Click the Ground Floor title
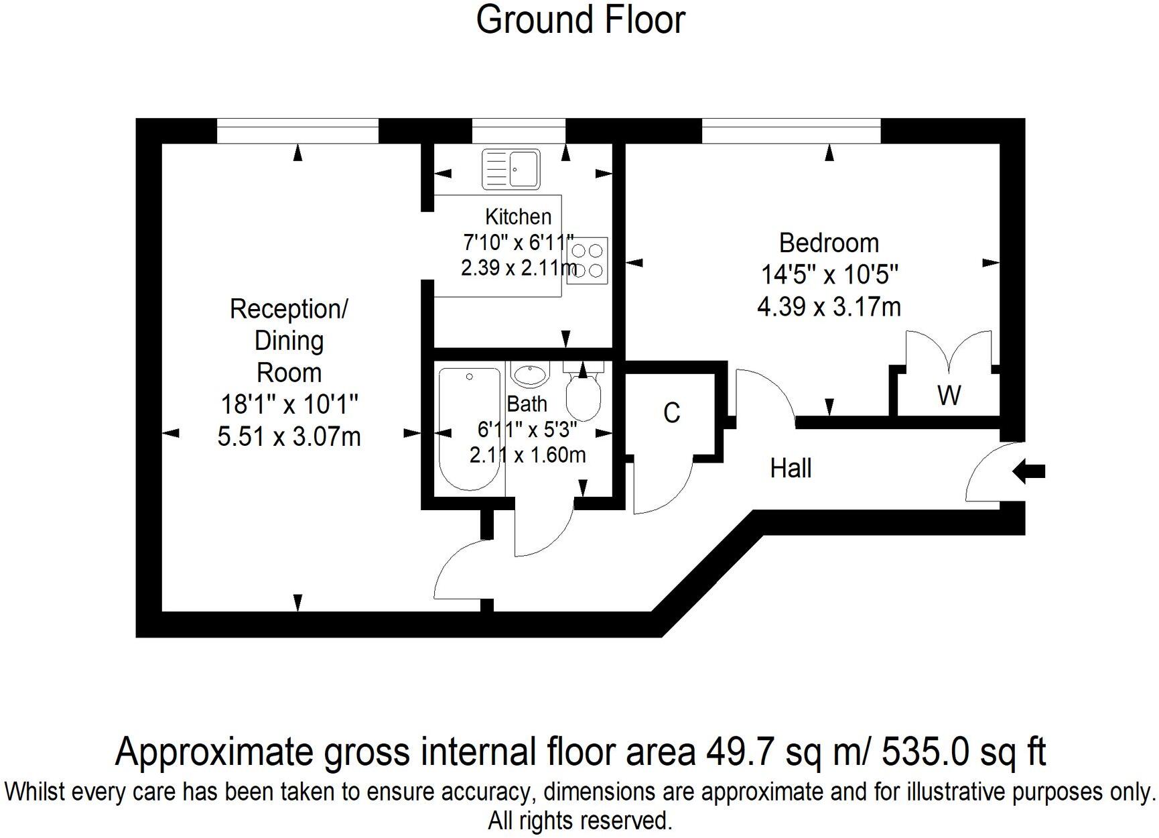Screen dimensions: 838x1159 [x=580, y=20]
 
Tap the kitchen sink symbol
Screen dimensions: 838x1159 [x=511, y=169]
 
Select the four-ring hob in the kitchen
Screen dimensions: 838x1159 [x=588, y=261]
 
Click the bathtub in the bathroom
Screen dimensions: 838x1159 [x=469, y=429]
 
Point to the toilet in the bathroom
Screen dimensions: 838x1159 [x=583, y=396]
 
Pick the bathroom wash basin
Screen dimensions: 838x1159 [x=530, y=373]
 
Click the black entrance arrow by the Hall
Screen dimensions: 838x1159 [x=1029, y=471]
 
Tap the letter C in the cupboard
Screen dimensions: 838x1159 [x=671, y=413]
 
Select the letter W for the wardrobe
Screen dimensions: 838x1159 [x=949, y=396]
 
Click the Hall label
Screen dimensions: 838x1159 [x=791, y=468]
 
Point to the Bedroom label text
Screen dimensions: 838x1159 [x=829, y=243]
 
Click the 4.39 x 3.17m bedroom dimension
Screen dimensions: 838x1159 [x=829, y=307]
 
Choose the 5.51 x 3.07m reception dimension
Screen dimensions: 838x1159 [x=289, y=436]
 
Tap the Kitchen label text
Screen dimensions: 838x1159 [x=518, y=217]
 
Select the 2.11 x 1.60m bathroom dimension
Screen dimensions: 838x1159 [x=527, y=455]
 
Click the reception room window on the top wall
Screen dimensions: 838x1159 [x=297, y=131]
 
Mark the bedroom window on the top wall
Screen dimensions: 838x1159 [x=791, y=131]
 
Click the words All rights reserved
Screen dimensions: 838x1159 [x=579, y=821]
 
